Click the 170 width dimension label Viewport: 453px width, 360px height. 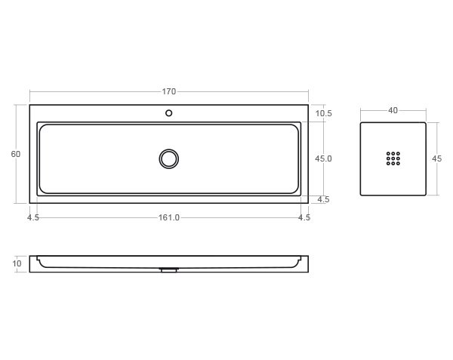tap(168, 91)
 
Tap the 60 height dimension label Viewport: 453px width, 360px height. tap(16, 154)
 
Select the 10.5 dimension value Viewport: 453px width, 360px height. tap(324, 113)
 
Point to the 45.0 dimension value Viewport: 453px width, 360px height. tap(324, 158)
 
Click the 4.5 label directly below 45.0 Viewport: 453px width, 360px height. tap(324, 199)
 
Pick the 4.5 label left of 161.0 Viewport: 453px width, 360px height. tap(33, 217)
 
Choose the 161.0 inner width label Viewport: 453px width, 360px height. tap(168, 217)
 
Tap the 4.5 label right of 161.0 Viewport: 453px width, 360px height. tap(304, 217)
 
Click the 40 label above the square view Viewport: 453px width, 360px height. tap(393, 110)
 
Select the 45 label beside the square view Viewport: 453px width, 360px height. tap(437, 158)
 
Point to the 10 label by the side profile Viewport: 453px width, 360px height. tap(17, 263)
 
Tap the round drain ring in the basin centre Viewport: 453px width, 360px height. tap(169, 158)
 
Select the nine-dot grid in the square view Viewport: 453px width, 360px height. tap(393, 158)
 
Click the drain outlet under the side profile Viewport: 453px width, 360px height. tap(169, 269)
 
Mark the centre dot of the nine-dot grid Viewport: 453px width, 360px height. tap(393, 158)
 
